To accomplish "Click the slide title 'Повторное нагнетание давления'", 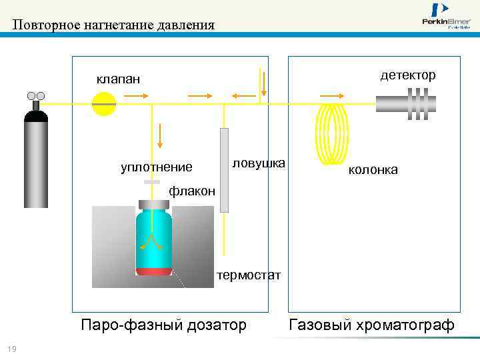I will (113, 25).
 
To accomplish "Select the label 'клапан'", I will (118, 79).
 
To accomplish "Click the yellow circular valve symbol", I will (104, 104).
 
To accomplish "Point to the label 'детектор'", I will (408, 75).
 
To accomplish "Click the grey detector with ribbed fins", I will (407, 104).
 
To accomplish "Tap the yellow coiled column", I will (331, 133).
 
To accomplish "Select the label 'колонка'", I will (373, 170).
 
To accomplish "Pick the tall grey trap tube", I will (224, 170).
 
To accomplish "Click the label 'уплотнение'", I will (156, 167).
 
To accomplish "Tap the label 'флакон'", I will (192, 191).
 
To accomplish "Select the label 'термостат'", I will (249, 275).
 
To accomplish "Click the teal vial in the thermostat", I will (154, 237).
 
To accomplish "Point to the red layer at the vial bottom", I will (154, 271).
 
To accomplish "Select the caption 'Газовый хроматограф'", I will (371, 325).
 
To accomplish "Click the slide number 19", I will (11, 350).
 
